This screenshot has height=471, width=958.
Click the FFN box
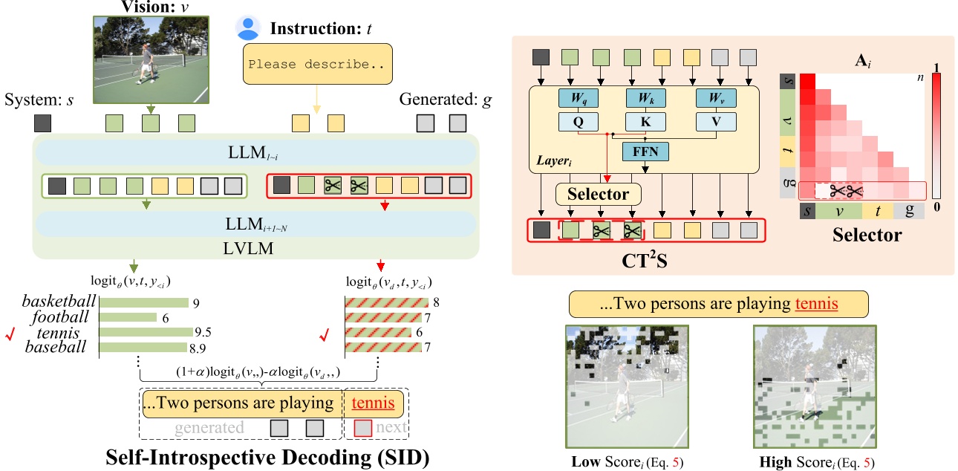pyautogui.click(x=644, y=152)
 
